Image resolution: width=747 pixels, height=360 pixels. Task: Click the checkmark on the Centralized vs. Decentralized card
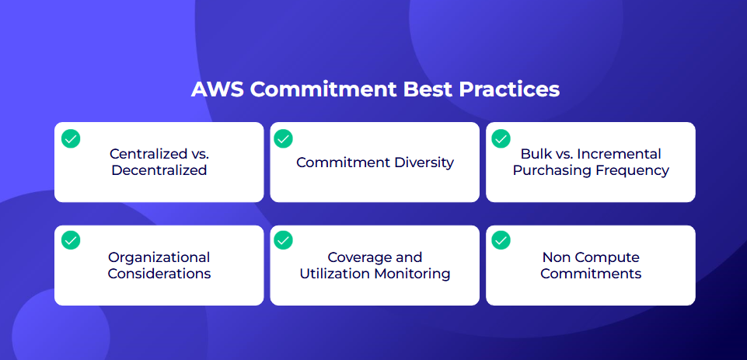pos(71,138)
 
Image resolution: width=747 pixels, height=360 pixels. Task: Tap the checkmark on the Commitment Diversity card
pos(284,138)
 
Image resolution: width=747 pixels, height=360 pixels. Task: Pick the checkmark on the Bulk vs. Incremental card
pos(501,138)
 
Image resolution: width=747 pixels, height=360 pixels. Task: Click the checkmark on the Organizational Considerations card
pos(71,239)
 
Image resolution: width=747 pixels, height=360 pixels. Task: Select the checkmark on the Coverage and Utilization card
pos(284,239)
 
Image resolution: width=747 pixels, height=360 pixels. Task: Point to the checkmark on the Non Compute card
pos(501,239)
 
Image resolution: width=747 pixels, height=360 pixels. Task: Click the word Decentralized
pos(159,170)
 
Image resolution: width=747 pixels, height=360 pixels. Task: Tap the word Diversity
pos(424,163)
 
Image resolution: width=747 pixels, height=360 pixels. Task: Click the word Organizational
pos(159,257)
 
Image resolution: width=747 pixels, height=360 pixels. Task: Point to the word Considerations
pos(159,274)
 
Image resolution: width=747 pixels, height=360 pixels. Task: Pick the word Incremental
pos(620,154)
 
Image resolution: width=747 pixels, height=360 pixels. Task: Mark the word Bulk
pos(532,154)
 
